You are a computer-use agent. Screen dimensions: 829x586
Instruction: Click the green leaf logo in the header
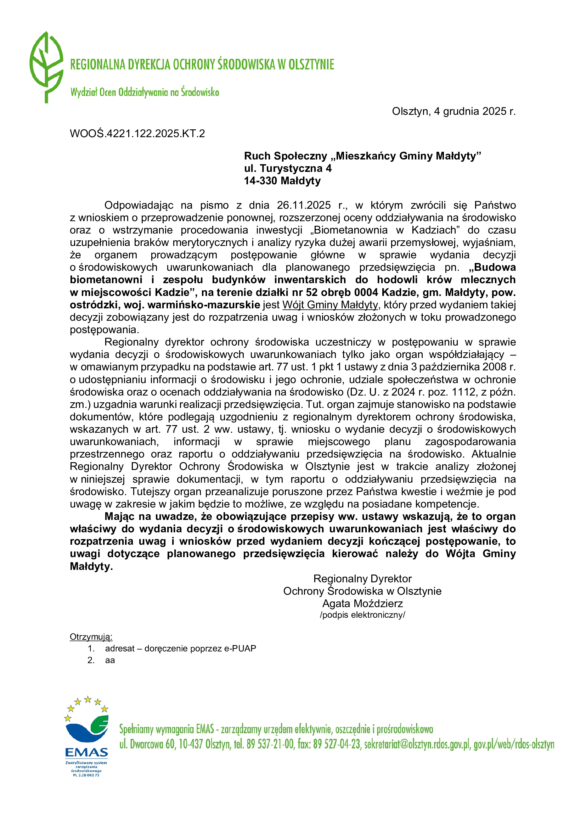point(46,67)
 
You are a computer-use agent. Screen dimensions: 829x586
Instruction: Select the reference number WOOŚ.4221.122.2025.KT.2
point(137,134)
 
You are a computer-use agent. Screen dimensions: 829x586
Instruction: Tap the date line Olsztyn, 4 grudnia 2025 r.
point(453,111)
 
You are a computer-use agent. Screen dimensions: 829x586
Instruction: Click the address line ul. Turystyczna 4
point(288,168)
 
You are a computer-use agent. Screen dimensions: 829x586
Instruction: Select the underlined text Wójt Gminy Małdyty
point(330,305)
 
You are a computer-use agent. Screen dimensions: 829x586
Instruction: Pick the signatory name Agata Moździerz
point(362,603)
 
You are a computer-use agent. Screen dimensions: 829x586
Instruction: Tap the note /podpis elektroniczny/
point(362,615)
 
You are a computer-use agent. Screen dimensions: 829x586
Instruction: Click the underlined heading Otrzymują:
point(91,637)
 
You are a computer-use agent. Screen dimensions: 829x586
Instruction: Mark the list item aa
point(110,660)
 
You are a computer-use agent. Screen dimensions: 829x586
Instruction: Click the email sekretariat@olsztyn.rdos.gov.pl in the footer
point(417,744)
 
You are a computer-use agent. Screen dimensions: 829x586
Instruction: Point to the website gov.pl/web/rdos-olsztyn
point(514,744)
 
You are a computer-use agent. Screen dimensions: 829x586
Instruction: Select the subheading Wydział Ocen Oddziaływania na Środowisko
point(145,93)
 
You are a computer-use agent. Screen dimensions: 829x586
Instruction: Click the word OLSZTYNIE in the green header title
point(311,65)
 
